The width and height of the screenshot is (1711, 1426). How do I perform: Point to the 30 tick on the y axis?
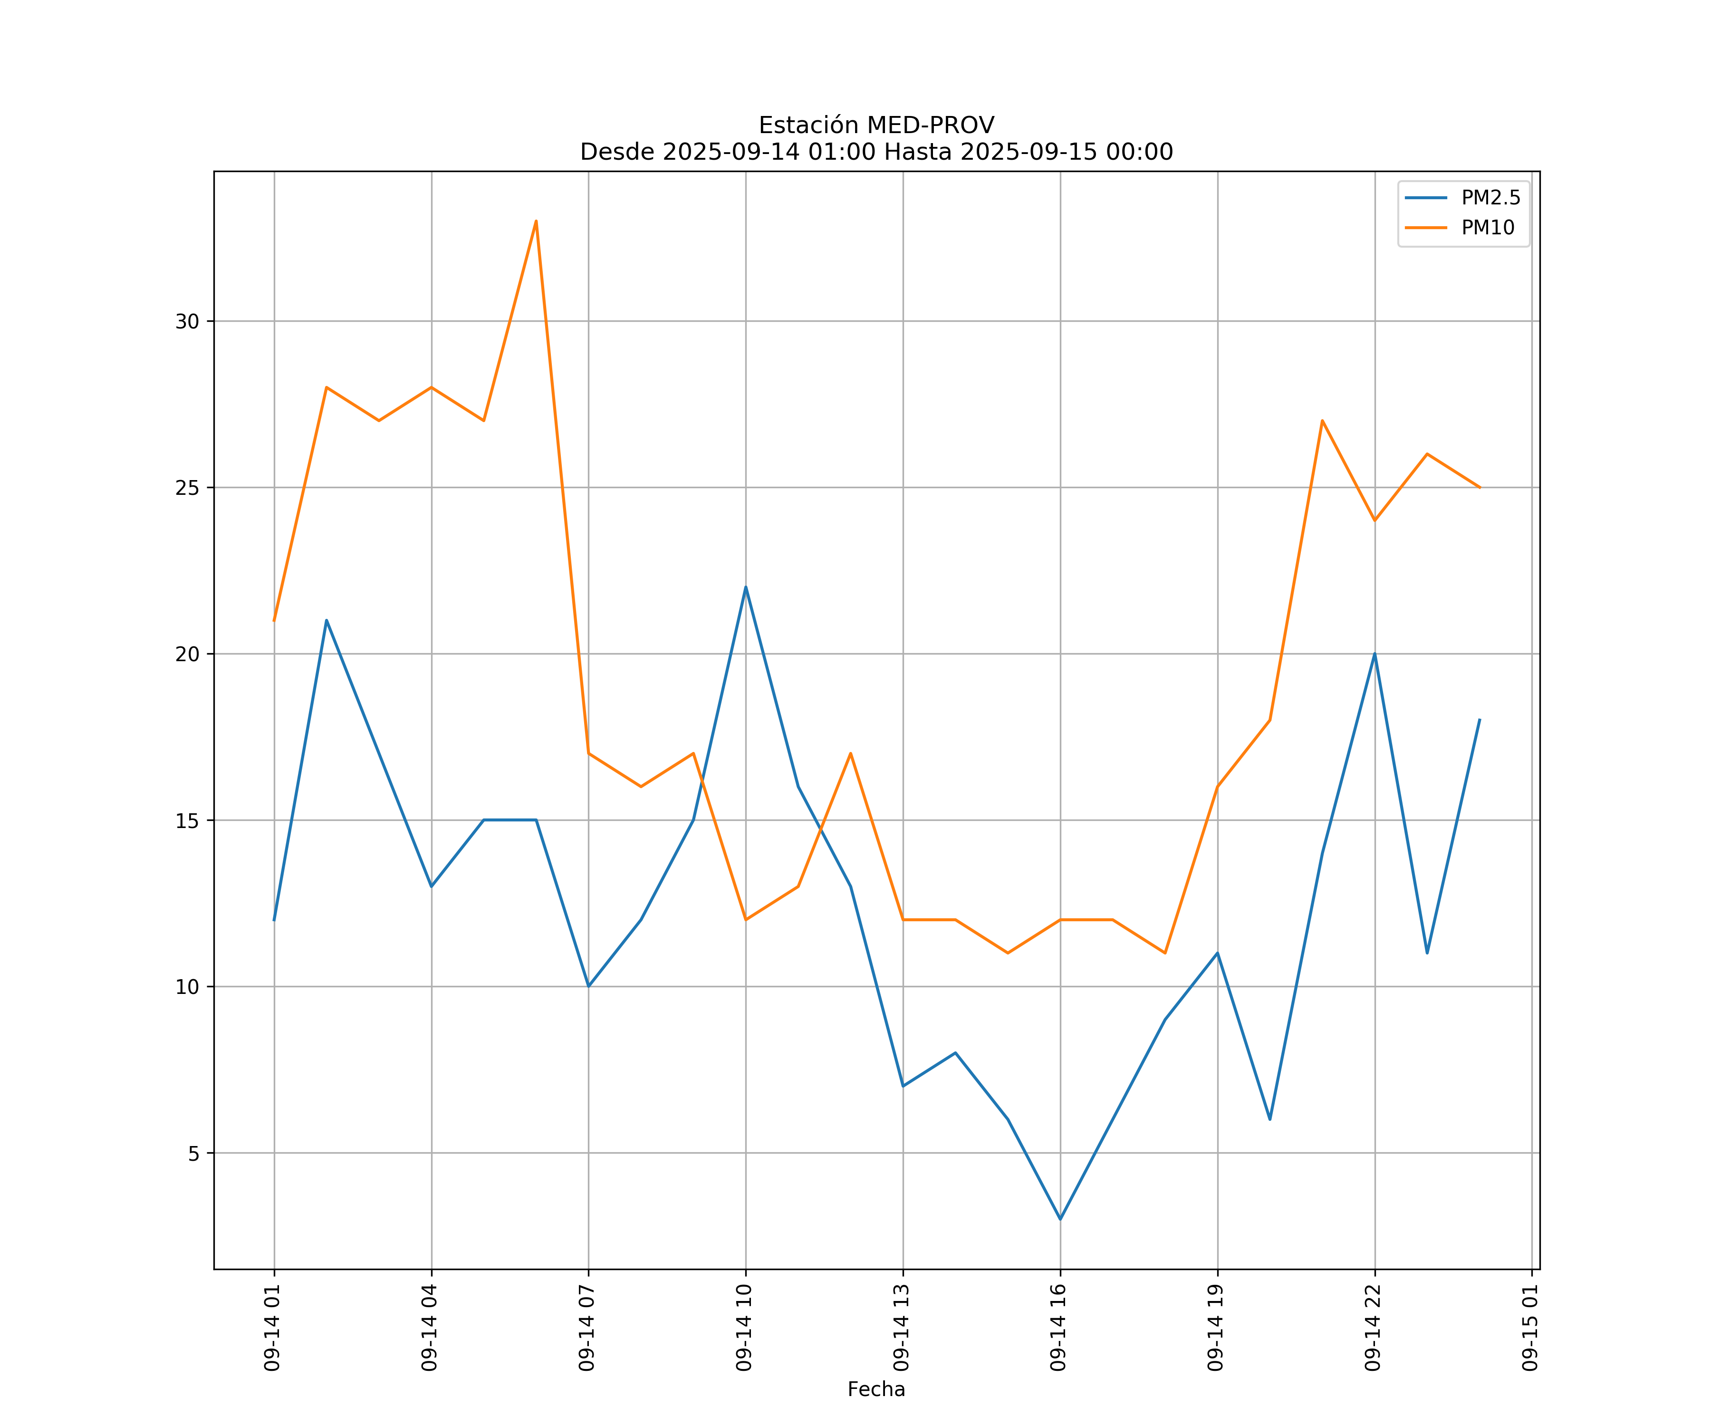[x=187, y=321]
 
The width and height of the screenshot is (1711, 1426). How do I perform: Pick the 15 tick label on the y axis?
[x=187, y=820]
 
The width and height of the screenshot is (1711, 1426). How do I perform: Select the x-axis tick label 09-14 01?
[x=273, y=1328]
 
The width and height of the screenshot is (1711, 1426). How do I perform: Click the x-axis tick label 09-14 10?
[x=745, y=1328]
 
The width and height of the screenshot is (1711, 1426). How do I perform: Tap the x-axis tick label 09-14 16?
[x=1059, y=1328]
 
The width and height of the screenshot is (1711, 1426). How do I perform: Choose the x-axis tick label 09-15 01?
[x=1531, y=1328]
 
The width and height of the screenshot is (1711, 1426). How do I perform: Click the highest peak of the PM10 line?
[x=536, y=221]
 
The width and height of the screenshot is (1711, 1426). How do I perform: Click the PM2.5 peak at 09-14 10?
[x=746, y=587]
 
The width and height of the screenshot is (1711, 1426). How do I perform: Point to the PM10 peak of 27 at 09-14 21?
[x=1322, y=421]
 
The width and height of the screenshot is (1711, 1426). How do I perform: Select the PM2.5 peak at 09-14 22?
[x=1375, y=654]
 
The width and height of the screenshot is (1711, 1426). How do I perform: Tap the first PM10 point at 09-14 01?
[x=274, y=621]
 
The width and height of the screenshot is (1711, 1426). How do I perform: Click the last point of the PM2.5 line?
[x=1480, y=720]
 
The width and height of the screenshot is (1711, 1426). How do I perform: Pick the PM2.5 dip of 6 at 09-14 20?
[x=1269, y=1119]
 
